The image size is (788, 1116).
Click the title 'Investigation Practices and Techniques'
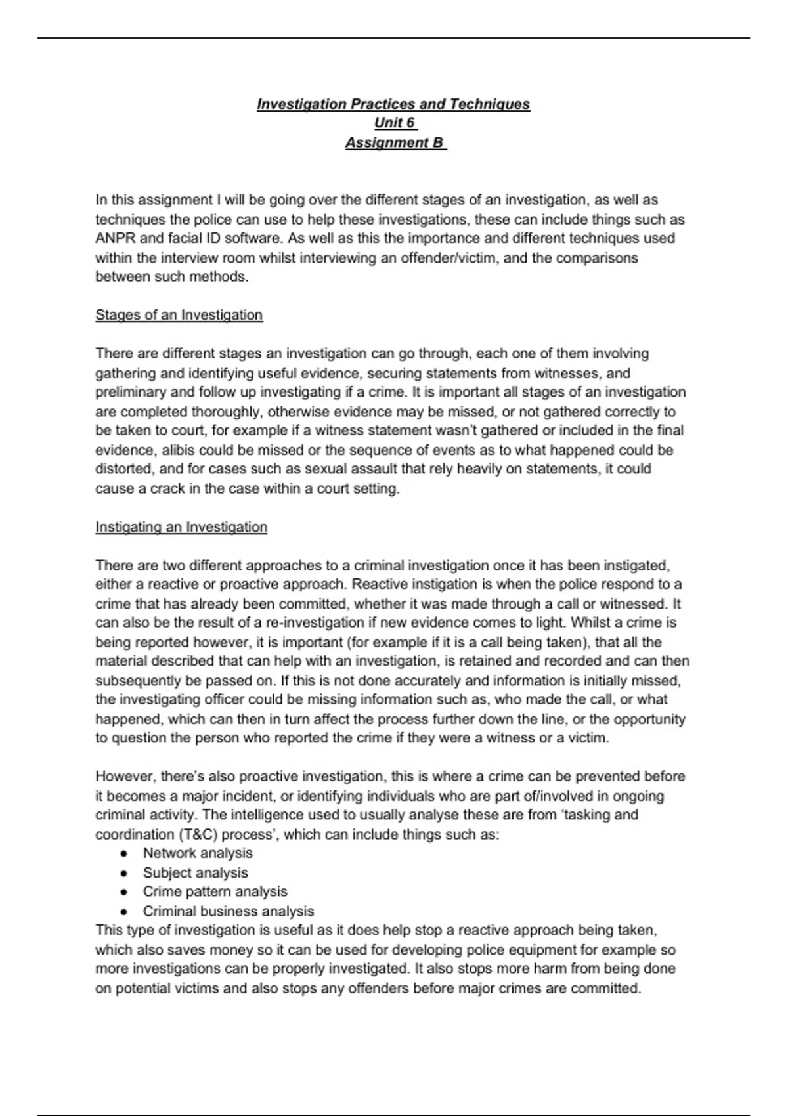pos(393,104)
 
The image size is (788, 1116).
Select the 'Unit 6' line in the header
pos(395,123)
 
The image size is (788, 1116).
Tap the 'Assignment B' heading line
pos(395,143)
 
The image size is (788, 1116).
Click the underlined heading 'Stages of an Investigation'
pos(179,315)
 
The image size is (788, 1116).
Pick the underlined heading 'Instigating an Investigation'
pos(181,527)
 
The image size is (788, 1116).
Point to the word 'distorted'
pos(123,469)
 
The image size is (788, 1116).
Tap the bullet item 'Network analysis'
pos(198,853)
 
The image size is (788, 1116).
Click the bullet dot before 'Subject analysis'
pos(123,874)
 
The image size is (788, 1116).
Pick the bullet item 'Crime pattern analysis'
pos(215,892)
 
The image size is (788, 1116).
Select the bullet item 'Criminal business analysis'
pos(228,912)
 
